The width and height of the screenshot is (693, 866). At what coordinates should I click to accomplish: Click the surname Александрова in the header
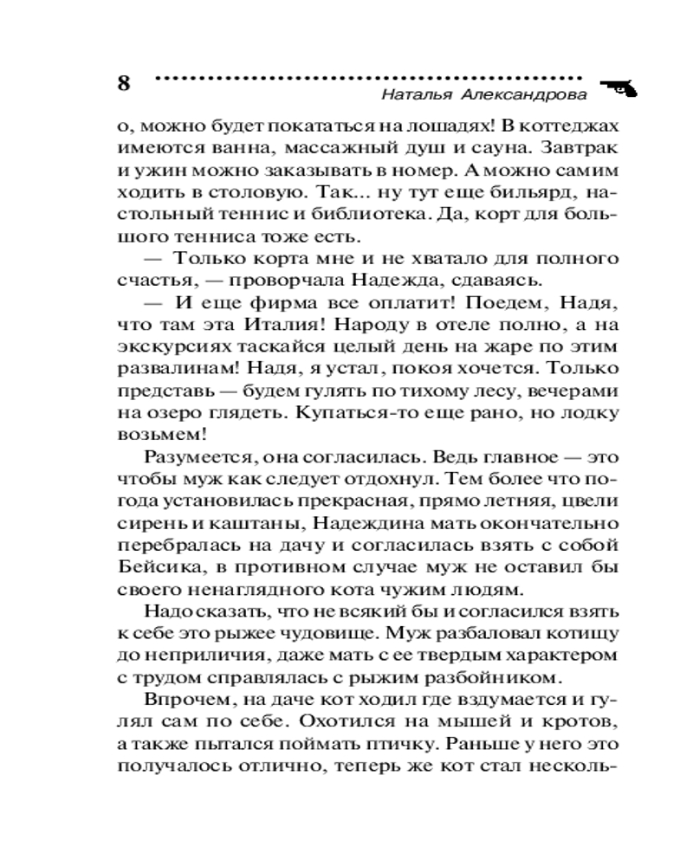click(523, 94)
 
